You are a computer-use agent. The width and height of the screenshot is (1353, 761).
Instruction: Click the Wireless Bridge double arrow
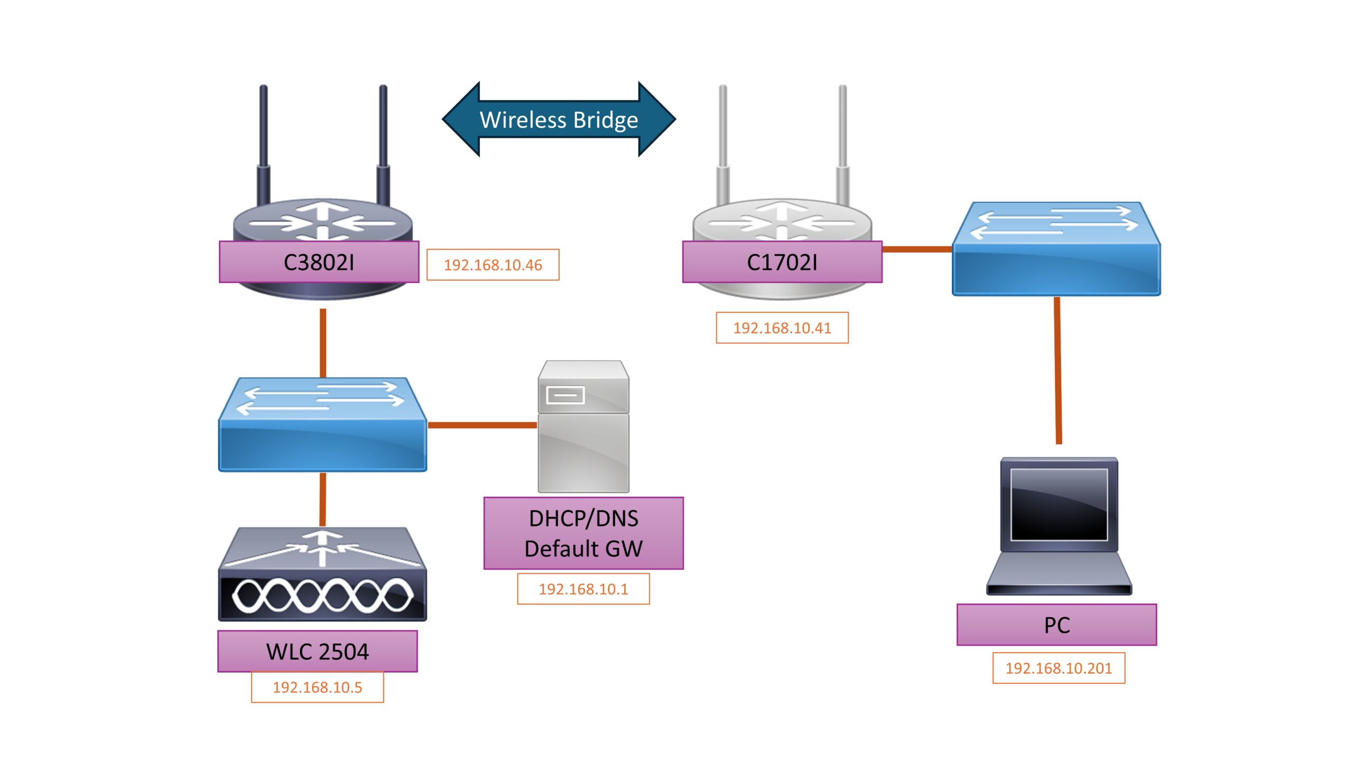[559, 119]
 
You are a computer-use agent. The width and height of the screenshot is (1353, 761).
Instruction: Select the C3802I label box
[319, 262]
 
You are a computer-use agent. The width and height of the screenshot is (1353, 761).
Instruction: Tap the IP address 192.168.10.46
[493, 265]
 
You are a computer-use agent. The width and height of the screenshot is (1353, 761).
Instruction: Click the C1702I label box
[782, 262]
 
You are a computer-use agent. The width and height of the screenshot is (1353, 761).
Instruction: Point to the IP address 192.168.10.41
[782, 328]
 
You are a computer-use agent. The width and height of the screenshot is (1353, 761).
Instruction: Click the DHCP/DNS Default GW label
[583, 533]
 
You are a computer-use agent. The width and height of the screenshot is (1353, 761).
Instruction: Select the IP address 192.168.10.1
[583, 589]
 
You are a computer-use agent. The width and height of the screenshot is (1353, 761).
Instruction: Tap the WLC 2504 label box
[317, 651]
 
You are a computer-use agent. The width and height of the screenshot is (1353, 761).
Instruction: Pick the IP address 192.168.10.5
[317, 687]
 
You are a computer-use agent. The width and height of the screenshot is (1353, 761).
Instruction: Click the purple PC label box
[1057, 625]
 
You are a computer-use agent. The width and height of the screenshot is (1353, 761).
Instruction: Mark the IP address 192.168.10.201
[1058, 668]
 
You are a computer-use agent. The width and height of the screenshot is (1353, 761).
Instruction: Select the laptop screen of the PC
[1059, 505]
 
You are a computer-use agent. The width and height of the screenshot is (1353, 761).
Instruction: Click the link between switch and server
[482, 425]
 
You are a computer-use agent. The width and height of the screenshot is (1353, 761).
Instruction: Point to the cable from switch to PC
[1058, 370]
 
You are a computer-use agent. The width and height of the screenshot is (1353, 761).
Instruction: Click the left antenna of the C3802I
[263, 143]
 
